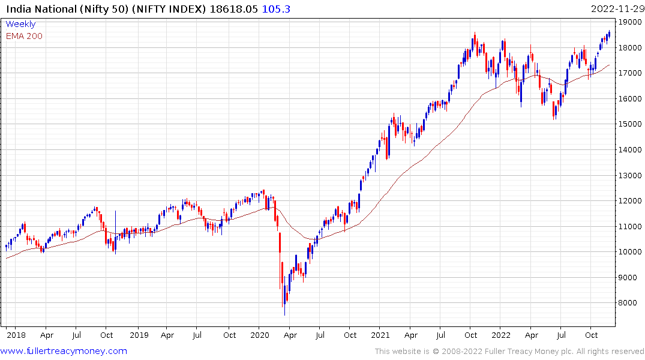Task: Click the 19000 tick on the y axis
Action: [x=631, y=22]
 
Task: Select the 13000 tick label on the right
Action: [x=631, y=175]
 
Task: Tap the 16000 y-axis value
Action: [x=631, y=98]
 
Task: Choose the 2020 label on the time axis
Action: [x=259, y=335]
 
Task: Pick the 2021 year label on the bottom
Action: [x=380, y=335]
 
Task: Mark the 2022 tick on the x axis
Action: [x=501, y=335]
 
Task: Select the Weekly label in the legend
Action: [x=20, y=24]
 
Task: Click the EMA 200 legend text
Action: [x=24, y=36]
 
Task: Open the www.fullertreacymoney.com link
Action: [x=64, y=351]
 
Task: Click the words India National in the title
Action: [x=36, y=9]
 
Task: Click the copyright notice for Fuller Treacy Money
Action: [x=510, y=352]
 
